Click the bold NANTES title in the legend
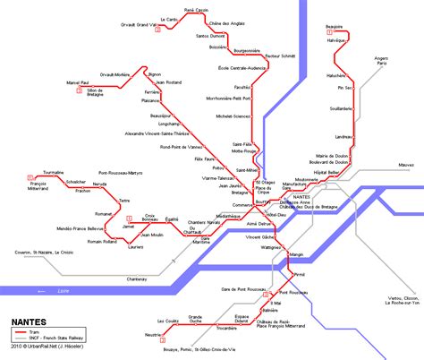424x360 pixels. pyautogui.click(x=30, y=319)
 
